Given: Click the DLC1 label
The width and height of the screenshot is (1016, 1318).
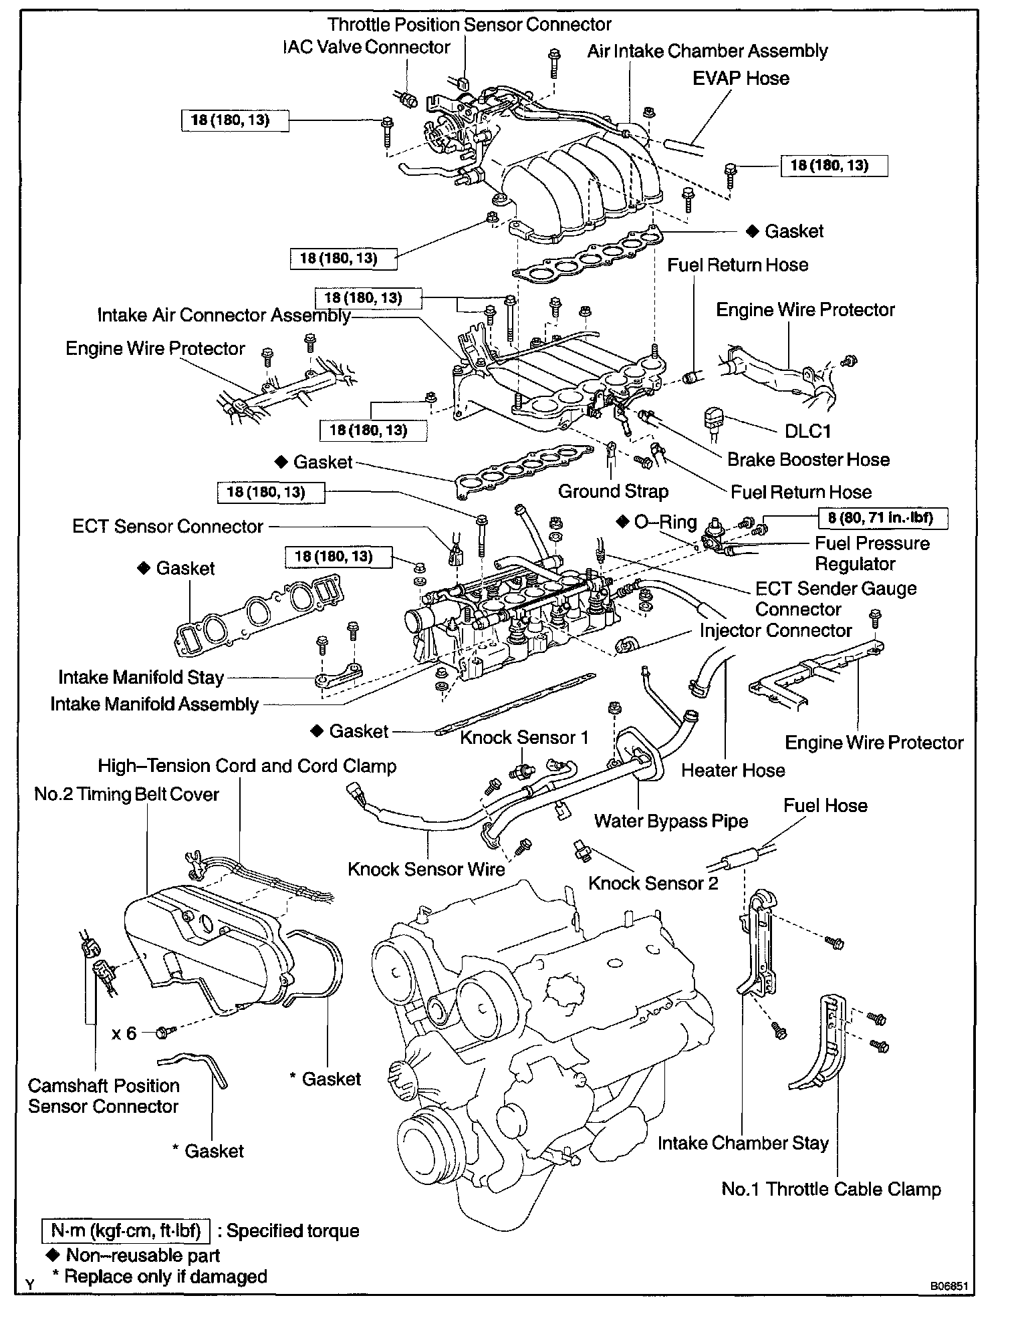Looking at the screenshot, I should coord(807,430).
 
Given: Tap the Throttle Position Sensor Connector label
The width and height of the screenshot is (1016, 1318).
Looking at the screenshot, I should coord(469,25).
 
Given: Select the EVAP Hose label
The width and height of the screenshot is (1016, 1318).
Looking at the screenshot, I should coord(741,78).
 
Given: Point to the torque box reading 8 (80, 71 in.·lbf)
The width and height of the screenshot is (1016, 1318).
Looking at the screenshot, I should coord(884,517).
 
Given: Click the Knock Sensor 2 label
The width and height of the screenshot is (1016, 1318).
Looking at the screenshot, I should coord(653,883).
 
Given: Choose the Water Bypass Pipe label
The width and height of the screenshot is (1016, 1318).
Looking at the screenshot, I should coord(670,821).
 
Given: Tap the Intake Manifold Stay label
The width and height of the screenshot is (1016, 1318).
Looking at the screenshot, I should coord(140,677).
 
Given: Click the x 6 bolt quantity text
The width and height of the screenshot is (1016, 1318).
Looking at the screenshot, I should coord(124,1033).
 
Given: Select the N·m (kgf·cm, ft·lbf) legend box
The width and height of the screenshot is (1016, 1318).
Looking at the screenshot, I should coord(124,1231).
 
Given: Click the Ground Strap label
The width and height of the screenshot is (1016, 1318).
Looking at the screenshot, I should coord(613,492).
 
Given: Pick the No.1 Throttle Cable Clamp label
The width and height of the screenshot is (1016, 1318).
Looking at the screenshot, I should coord(831,1189).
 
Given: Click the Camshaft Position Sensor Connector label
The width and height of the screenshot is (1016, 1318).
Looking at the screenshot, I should coord(104,1096).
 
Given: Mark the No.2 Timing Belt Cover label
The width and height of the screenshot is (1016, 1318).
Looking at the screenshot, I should coord(126,794).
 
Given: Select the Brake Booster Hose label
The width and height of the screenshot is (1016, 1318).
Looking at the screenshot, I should coord(808,460).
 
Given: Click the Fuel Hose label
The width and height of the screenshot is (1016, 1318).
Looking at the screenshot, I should coord(825,805).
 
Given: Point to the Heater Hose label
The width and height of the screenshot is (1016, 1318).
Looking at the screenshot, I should coord(733,771).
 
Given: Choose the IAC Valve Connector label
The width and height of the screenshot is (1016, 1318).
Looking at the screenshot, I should coord(366,47).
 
